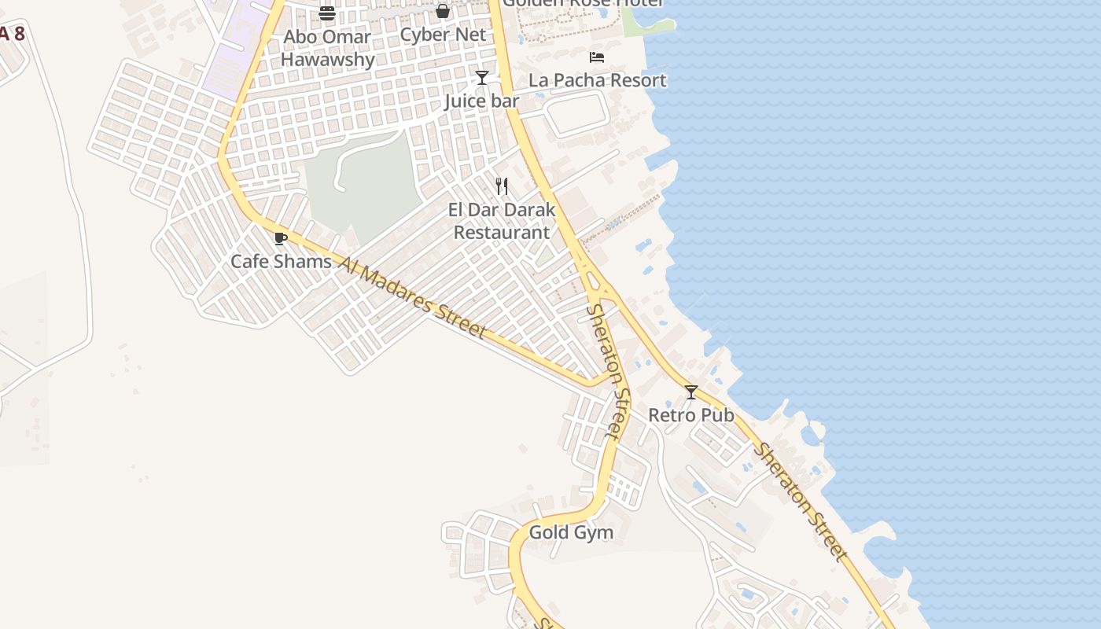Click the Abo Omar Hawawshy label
point(327,48)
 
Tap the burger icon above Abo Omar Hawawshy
point(327,13)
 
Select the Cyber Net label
point(443,35)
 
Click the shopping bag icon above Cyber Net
point(443,11)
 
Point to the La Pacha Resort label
point(597,80)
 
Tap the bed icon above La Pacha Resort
point(597,57)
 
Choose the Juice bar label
point(481,101)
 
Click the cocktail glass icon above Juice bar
point(482,78)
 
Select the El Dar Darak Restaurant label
point(502,221)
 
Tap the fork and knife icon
point(502,186)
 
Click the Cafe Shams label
point(281,262)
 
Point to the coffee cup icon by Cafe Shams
point(281,239)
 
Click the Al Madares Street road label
point(413,298)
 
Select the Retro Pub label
point(690,415)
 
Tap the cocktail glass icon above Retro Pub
point(691,392)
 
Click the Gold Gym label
point(571,532)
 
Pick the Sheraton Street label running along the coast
point(801,502)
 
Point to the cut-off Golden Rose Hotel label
point(583,3)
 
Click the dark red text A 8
point(12,34)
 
